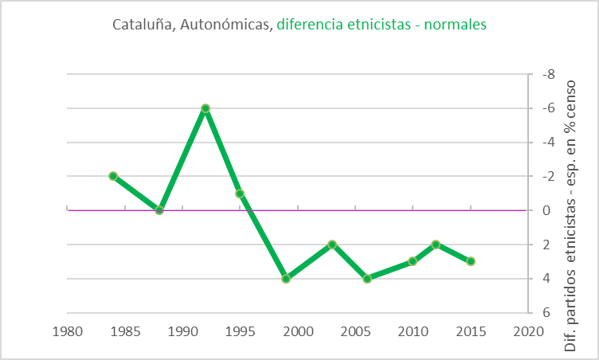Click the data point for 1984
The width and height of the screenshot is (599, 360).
coord(113,176)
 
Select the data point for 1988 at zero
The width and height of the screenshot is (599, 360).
coord(159,210)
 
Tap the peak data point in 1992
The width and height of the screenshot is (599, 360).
coord(206,108)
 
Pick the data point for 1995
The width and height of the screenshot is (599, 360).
coord(240,194)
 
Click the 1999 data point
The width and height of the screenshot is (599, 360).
coord(286,279)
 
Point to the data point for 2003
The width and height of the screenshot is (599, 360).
coord(332,245)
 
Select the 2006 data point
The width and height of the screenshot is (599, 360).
coord(367,279)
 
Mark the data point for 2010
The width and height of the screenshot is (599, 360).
coord(413,261)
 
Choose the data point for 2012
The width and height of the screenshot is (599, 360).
coord(436,245)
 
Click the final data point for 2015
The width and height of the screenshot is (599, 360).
coord(471,261)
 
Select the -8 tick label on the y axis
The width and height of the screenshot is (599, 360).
coord(547,75)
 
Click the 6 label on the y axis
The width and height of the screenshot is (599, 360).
coord(546,313)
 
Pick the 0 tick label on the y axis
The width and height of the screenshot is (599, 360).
coord(546,211)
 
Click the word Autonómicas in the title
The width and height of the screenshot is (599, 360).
coord(225,25)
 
